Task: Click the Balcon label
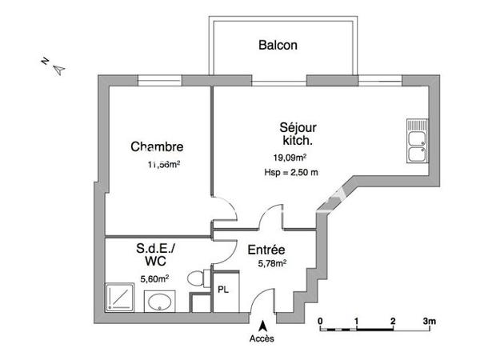tap(278, 46)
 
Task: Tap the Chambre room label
tap(157, 147)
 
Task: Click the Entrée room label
tap(266, 249)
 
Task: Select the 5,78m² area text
tap(272, 262)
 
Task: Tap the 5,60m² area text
tap(154, 278)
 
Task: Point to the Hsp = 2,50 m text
tap(291, 173)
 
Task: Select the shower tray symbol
tap(121, 298)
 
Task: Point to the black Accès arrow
tap(262, 324)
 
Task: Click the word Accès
tap(262, 338)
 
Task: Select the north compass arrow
tap(58, 70)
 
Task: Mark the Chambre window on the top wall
tap(160, 79)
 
